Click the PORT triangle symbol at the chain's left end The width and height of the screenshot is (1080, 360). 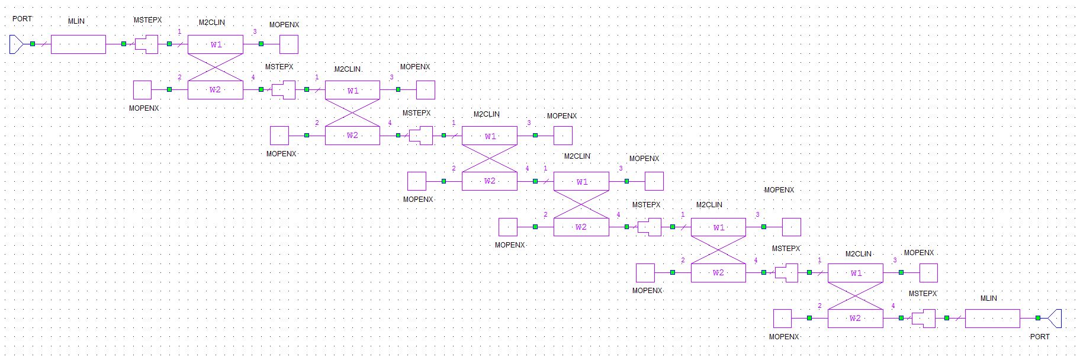[x=16, y=44]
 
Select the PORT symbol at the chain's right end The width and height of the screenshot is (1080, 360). [x=1055, y=318]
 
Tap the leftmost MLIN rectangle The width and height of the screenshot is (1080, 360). [x=78, y=44]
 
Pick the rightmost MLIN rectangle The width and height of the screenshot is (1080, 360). [x=992, y=319]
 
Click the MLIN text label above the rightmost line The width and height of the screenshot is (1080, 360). [x=988, y=298]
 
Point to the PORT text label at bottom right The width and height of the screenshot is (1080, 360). [x=1039, y=336]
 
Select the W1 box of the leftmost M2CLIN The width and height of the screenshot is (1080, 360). [x=216, y=44]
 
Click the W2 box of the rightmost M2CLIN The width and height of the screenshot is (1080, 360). [x=855, y=319]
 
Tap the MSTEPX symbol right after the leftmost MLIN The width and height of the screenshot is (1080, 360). [x=147, y=44]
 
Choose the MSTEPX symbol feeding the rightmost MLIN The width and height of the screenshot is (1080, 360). [x=923, y=319]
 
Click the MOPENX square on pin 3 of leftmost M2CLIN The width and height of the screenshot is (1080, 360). [x=289, y=44]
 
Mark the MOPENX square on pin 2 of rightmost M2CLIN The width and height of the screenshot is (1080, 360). [x=782, y=319]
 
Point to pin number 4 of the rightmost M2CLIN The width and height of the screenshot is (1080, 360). [x=893, y=306]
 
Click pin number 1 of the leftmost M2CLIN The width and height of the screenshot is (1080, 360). [x=179, y=32]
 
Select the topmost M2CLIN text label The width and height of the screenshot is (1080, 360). [x=211, y=22]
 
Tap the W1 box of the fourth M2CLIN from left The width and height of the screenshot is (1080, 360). [x=581, y=181]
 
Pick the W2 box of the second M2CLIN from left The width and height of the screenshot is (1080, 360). [x=352, y=136]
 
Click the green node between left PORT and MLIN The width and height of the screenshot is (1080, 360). [x=33, y=44]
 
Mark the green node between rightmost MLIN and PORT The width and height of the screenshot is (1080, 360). [x=1037, y=318]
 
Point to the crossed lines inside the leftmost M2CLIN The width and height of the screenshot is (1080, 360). [x=216, y=67]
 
